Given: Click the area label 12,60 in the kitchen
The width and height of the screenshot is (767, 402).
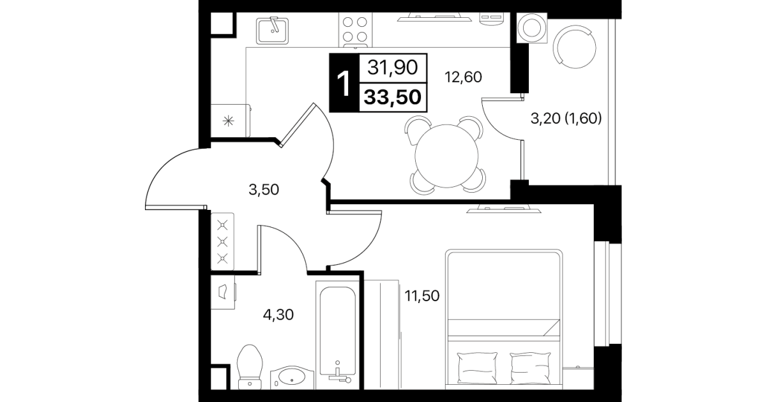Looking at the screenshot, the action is click(x=463, y=77).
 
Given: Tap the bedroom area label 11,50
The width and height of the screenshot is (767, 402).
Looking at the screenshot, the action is click(x=422, y=296).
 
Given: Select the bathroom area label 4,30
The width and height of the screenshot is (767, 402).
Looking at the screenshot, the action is click(x=278, y=315).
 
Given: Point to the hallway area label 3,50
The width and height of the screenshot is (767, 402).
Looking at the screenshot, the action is click(x=264, y=190).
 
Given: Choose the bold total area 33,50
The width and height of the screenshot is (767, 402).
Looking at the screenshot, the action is click(x=392, y=97).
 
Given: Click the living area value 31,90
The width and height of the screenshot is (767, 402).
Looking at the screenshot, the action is click(x=392, y=68).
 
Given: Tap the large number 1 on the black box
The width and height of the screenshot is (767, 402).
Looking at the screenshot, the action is click(x=344, y=83).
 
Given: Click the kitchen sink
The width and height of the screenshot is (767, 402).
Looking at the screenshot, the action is click(x=273, y=31).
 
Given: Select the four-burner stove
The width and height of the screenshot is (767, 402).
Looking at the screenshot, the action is click(x=355, y=30).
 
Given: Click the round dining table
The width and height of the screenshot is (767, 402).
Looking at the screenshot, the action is click(x=446, y=156).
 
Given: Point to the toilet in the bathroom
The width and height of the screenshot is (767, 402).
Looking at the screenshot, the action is click(x=250, y=367).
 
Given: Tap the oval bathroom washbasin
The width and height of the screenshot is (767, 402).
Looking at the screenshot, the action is click(x=292, y=377).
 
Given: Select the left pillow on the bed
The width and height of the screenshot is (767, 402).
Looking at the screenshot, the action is click(x=477, y=368).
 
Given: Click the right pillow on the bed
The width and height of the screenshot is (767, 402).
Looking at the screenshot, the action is click(x=531, y=368).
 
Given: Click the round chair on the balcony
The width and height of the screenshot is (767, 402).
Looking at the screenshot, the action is click(x=575, y=47).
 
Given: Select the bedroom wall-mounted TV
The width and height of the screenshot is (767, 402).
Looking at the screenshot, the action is click(x=504, y=209).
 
